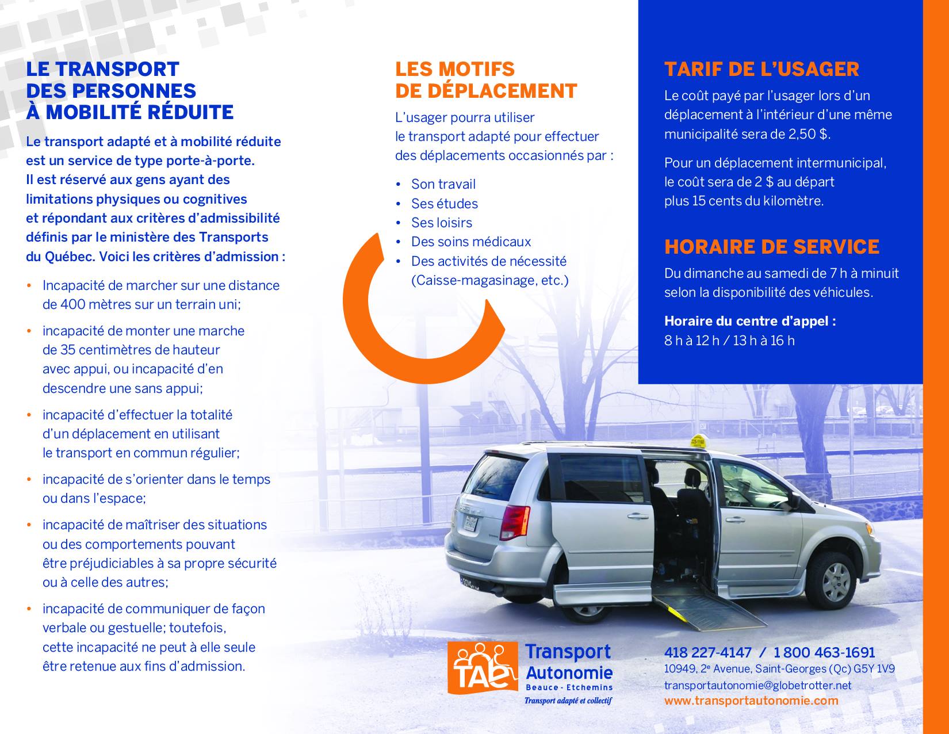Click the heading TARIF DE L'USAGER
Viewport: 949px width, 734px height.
click(x=761, y=70)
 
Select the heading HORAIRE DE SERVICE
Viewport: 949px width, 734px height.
click(x=771, y=247)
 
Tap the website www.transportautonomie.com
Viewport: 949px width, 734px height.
click(x=751, y=701)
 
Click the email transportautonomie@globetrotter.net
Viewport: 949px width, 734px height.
click(x=757, y=685)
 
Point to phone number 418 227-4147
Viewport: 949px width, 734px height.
click(x=707, y=653)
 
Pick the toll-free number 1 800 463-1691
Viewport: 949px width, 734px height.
click(x=824, y=653)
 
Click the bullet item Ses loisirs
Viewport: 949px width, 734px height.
click(x=441, y=223)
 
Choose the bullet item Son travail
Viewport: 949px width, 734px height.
click(x=443, y=184)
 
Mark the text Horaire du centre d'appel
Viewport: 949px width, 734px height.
click(x=749, y=321)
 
